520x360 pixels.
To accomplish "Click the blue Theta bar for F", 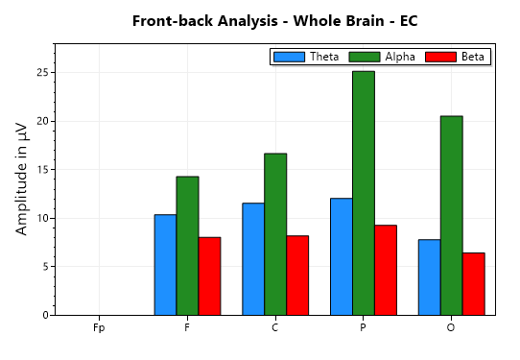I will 165,265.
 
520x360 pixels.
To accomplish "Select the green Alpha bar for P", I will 363,193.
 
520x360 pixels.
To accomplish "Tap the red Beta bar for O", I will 473,284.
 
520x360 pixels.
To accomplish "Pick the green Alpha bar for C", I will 275,234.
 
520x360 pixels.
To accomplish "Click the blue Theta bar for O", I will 429,277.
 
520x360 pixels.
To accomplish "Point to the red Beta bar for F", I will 209,276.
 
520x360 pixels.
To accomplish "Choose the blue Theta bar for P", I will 341,256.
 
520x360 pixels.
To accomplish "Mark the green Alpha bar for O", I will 451,215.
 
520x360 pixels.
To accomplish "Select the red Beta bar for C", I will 297,276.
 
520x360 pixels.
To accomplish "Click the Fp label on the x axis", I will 99,328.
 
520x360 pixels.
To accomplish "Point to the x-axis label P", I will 363,328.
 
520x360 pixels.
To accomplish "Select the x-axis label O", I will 451,328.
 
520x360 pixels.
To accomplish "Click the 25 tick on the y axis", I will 42,73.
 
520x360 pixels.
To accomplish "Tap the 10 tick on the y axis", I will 42,218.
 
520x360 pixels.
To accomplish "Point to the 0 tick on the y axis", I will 45,315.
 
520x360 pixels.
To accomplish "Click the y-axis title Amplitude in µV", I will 22,180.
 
